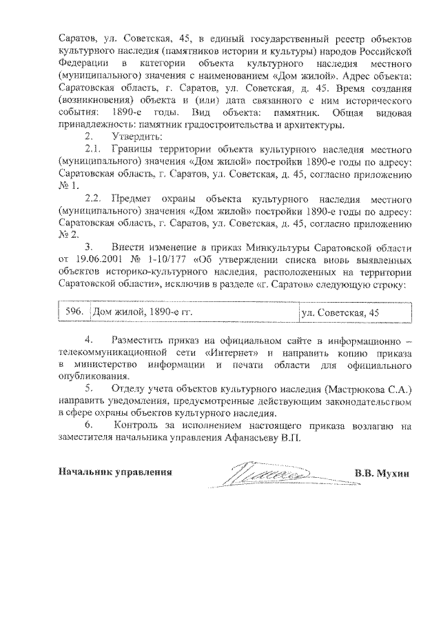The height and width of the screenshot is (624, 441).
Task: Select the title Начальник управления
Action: pyautogui.click(x=114, y=472)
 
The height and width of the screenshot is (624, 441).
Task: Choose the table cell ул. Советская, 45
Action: pyautogui.click(x=340, y=312)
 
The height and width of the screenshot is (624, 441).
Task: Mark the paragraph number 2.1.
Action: pyautogui.click(x=94, y=148)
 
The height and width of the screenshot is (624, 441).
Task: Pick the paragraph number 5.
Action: pyautogui.click(x=88, y=389)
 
